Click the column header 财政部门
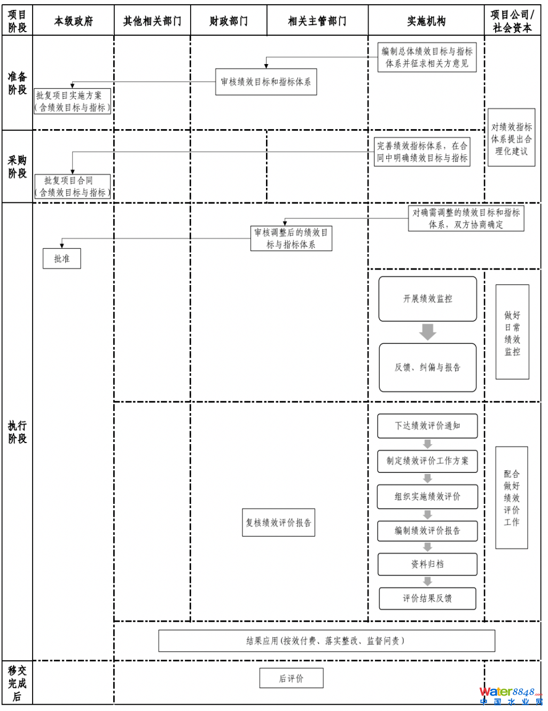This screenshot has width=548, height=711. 229,21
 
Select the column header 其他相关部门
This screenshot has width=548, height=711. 152,21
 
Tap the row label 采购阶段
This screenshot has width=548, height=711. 17,167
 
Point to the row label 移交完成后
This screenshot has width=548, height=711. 17,683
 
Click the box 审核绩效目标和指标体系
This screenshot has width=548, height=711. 266,82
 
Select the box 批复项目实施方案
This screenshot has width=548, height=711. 72,101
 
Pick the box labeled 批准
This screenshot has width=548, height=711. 62,258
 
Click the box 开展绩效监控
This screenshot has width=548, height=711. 427,299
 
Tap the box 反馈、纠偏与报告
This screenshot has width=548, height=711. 427,367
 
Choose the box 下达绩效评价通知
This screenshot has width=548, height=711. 427,425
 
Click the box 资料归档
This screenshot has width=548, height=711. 427,564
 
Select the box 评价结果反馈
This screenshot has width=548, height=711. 427,598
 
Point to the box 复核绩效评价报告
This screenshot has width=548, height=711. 278,523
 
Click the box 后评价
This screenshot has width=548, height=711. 291,678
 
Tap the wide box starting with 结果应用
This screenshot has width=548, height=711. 326,641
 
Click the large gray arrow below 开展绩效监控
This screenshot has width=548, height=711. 427,331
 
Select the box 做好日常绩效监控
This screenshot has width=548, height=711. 512,332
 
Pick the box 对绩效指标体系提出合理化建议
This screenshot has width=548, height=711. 511,138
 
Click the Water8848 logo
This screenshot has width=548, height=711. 510,696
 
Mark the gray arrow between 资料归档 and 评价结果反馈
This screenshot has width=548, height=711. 427,581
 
